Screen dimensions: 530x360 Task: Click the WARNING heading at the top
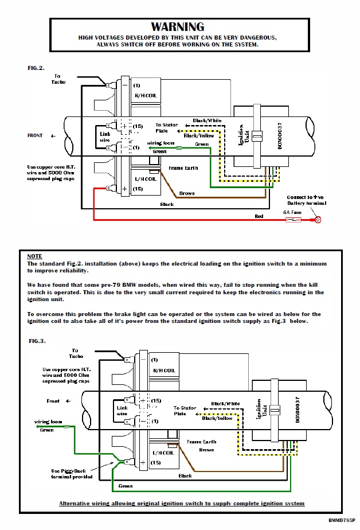pyautogui.click(x=177, y=26)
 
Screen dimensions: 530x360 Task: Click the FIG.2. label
pyautogui.click(x=36, y=68)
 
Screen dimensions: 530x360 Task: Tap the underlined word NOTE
pyautogui.click(x=34, y=256)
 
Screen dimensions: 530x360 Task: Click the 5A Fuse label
pyautogui.click(x=292, y=213)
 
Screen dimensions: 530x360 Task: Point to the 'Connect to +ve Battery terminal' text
pyautogui.click(x=307, y=200)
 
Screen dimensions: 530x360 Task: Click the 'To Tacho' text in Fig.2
pyautogui.click(x=60, y=79)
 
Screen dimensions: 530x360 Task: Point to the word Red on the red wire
pyautogui.click(x=259, y=216)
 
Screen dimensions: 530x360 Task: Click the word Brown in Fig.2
pyautogui.click(x=187, y=193)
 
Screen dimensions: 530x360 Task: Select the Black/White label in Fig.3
pyautogui.click(x=225, y=403)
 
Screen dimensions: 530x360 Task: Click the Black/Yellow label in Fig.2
pyautogui.click(x=199, y=135)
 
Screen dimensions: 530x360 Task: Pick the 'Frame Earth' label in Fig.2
pyautogui.click(x=183, y=169)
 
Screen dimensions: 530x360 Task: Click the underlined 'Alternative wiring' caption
pyautogui.click(x=181, y=504)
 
